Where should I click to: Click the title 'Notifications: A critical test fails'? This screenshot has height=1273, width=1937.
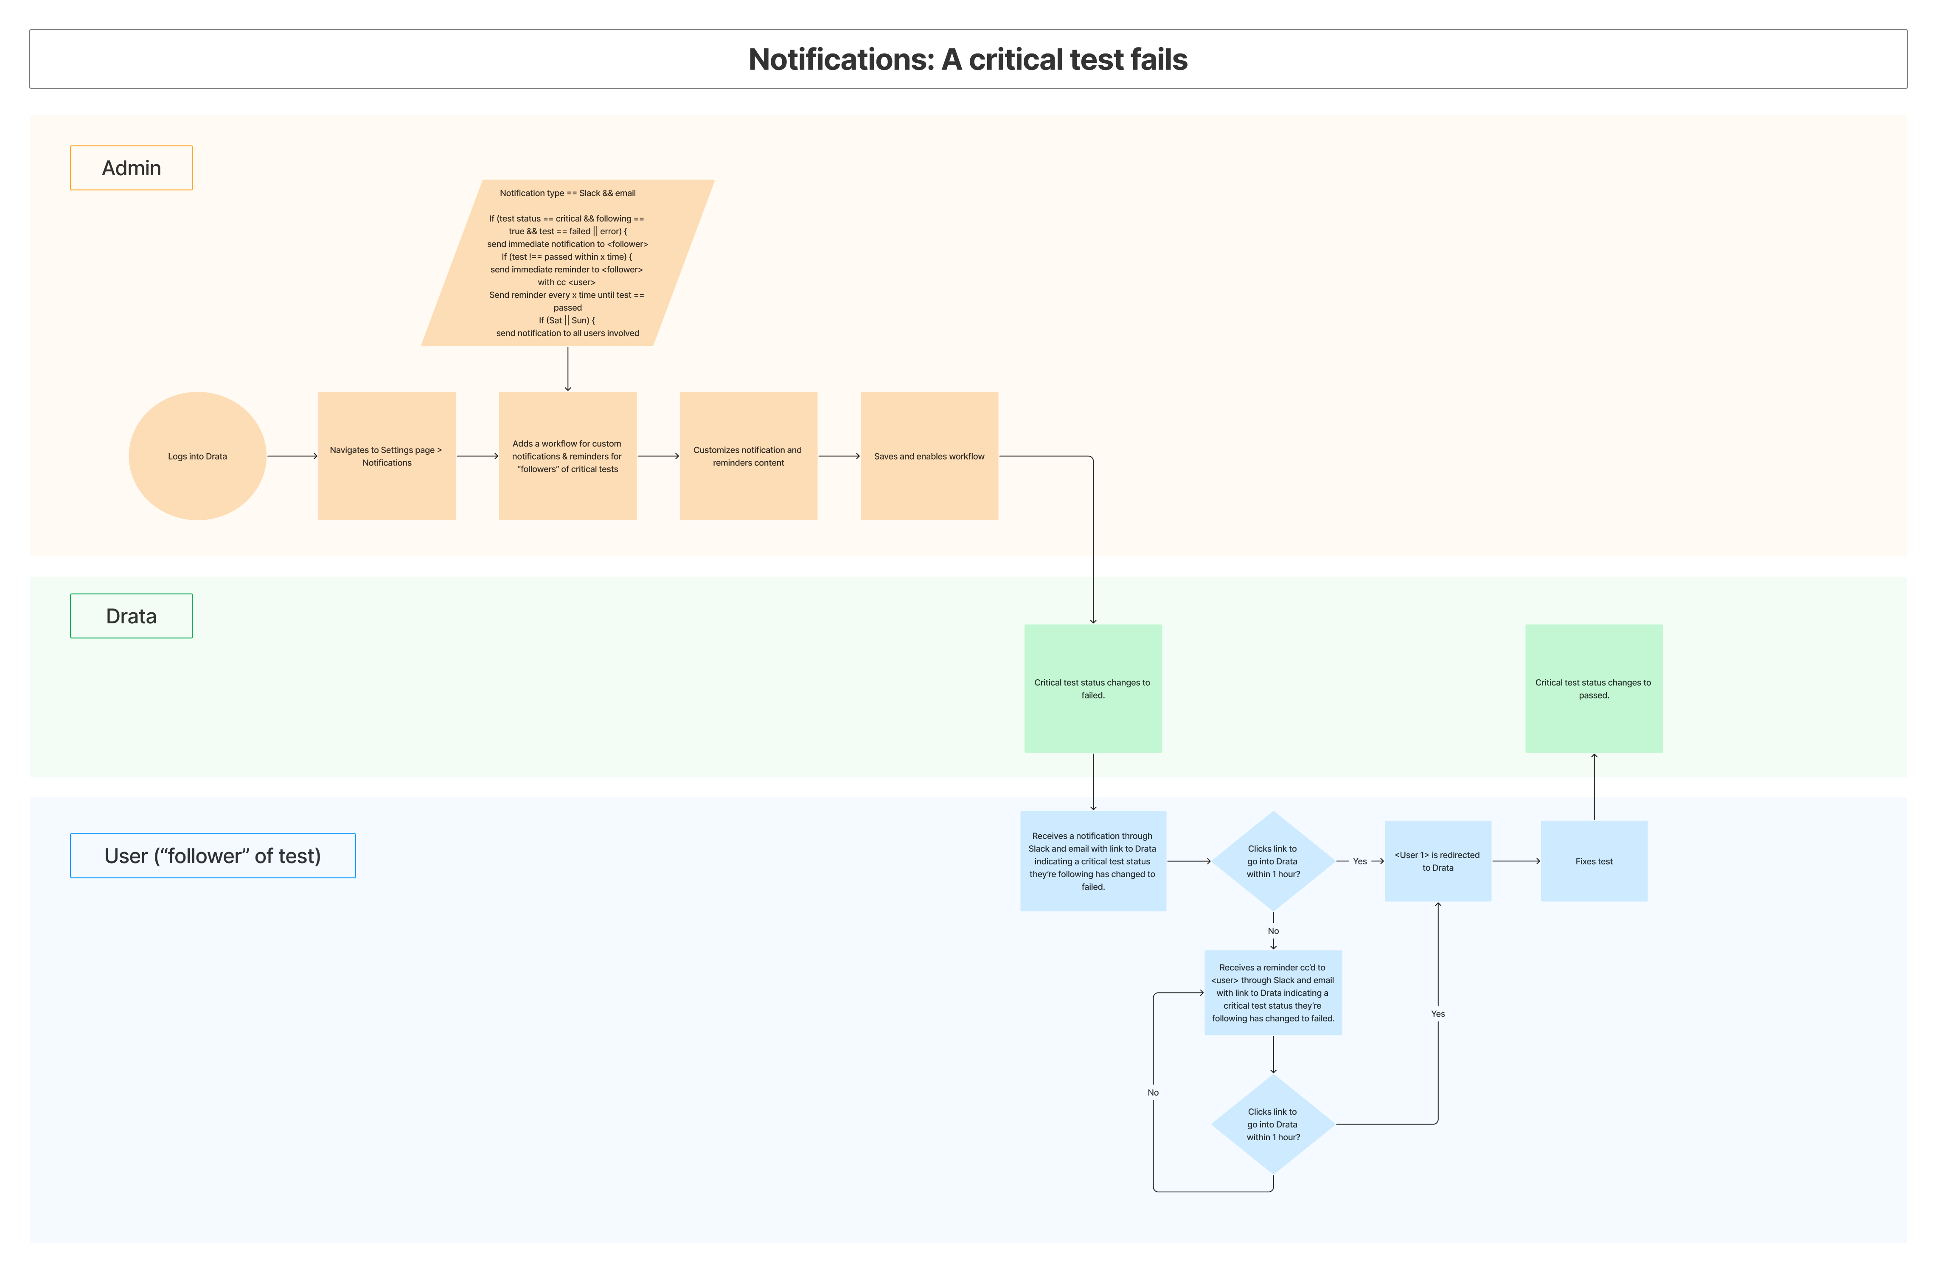(x=968, y=59)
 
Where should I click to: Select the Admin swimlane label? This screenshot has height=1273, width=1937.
(x=131, y=168)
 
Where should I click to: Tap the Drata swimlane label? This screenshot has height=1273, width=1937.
(x=131, y=616)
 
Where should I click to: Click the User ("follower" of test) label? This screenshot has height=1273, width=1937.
(x=213, y=855)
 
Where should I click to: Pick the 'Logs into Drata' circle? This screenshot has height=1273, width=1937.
(x=197, y=456)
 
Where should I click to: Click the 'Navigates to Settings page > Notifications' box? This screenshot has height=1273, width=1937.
(x=387, y=456)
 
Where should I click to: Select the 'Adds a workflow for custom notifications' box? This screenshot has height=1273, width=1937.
(x=567, y=456)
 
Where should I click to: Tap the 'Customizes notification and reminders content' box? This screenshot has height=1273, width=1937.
(x=748, y=456)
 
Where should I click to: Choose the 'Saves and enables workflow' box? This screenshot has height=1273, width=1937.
(x=929, y=456)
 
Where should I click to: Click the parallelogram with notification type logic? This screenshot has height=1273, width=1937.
(x=567, y=263)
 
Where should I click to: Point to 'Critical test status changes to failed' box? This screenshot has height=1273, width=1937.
(x=1092, y=689)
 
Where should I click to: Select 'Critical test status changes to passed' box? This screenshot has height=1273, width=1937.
(x=1594, y=689)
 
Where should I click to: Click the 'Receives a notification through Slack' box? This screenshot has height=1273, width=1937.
(x=1092, y=861)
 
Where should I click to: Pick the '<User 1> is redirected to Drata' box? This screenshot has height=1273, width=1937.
(x=1437, y=861)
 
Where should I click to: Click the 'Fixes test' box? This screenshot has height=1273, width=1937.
(x=1594, y=861)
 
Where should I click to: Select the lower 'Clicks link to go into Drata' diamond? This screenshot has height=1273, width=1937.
(x=1273, y=1124)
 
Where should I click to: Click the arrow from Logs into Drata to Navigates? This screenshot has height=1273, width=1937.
(x=292, y=456)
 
